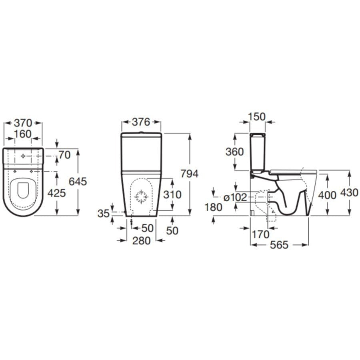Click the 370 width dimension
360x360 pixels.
[23, 122]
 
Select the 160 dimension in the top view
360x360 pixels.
[23, 134]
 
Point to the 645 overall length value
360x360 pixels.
[78, 181]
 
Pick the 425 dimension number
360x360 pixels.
[56, 194]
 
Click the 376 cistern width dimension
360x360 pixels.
[141, 122]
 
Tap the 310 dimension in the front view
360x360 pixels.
[172, 195]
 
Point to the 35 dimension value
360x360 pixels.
[103, 214]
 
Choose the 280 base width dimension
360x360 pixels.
[141, 241]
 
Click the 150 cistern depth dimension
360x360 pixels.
[256, 116]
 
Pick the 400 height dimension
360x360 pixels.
[328, 195]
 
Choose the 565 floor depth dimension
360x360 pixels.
[279, 245]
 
